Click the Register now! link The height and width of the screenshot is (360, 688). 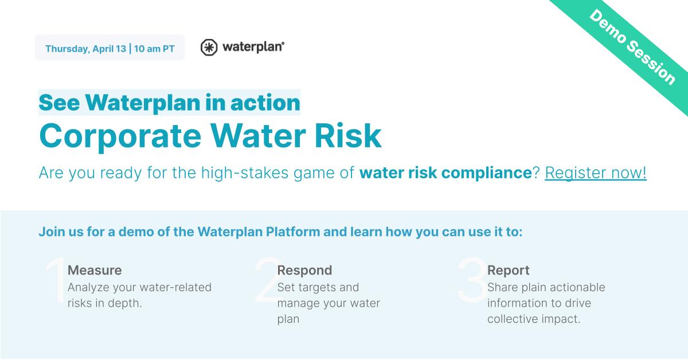pos(595,173)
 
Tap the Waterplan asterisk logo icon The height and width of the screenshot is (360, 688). pos(209,48)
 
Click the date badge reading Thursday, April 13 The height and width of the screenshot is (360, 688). pos(85,49)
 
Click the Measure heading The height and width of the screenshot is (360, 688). pos(95,270)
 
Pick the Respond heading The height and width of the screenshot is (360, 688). pos(304,270)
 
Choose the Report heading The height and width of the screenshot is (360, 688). pos(508,270)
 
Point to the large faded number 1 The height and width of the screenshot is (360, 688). pos(56,280)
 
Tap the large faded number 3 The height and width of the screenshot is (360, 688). pos(472,280)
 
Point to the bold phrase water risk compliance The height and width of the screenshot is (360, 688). pos(445,173)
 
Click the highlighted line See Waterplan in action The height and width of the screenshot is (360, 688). pos(169,103)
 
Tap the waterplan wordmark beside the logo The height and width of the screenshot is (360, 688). pos(252,47)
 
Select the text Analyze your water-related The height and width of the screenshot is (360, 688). pos(139,287)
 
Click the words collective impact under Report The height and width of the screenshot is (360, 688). pos(534,319)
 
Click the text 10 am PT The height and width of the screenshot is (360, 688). pos(154,49)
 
